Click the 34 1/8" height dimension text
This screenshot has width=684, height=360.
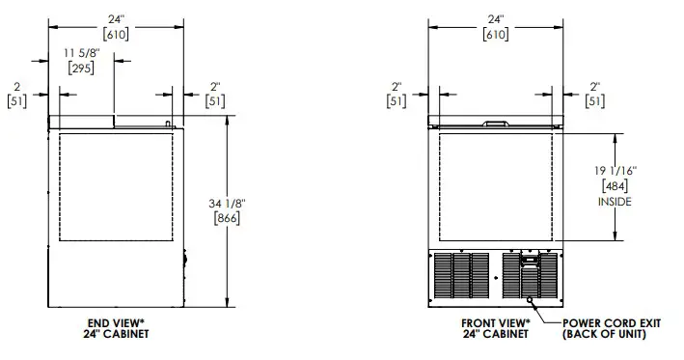(227, 204)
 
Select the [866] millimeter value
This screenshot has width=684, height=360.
(227, 218)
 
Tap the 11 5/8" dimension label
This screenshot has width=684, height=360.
(82, 53)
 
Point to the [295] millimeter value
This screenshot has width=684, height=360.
(81, 69)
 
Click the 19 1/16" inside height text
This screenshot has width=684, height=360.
(616, 171)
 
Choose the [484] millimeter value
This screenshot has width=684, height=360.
(615, 186)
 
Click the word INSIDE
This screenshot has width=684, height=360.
(615, 202)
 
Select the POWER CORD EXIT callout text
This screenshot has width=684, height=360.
(612, 323)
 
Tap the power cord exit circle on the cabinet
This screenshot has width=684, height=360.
(530, 300)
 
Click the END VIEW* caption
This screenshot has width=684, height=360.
(116, 323)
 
